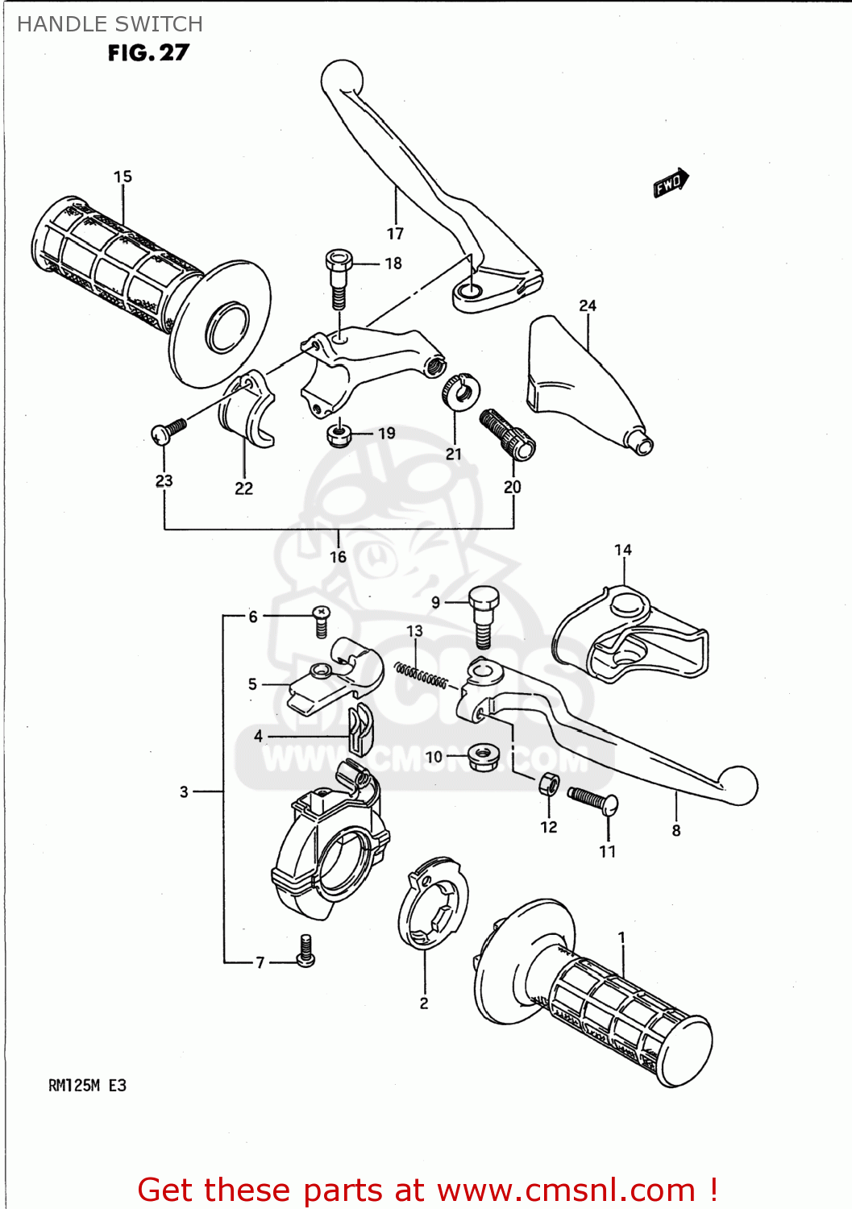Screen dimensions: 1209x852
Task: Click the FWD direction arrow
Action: point(671,183)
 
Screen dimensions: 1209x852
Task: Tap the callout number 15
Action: point(123,177)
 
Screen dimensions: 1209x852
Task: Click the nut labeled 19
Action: point(339,434)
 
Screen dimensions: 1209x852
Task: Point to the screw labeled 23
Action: point(168,431)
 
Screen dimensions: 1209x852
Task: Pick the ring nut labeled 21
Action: point(461,390)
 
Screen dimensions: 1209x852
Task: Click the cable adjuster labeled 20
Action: point(508,434)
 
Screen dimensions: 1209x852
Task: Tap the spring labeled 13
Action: point(421,675)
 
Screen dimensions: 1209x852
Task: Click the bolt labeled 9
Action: point(484,617)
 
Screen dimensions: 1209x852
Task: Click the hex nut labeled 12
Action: point(549,783)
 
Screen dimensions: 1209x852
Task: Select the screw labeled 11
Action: point(593,800)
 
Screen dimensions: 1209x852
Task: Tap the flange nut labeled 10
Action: point(484,756)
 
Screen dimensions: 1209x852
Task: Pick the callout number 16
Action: point(338,557)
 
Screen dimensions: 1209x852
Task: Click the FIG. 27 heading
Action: point(148,53)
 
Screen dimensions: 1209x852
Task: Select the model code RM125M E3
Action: point(87,1086)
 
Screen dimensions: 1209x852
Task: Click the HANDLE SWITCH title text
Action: point(110,24)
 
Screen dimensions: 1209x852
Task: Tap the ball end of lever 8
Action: point(738,784)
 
